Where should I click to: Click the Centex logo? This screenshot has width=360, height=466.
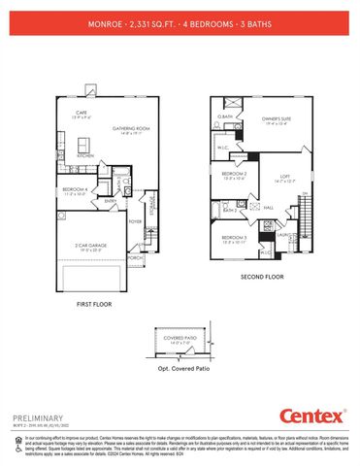(x=312, y=416)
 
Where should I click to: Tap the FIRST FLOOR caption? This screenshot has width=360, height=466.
(x=97, y=304)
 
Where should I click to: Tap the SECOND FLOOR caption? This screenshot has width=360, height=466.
(x=261, y=276)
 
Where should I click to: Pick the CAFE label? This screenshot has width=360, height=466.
(x=82, y=113)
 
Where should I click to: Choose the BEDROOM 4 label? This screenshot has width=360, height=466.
(x=76, y=189)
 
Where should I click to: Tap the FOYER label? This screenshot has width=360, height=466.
(x=135, y=220)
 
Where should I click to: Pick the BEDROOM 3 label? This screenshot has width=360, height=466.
(x=235, y=238)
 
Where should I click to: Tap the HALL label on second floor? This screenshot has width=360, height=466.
(x=269, y=207)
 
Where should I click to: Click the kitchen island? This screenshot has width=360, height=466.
(x=87, y=143)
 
